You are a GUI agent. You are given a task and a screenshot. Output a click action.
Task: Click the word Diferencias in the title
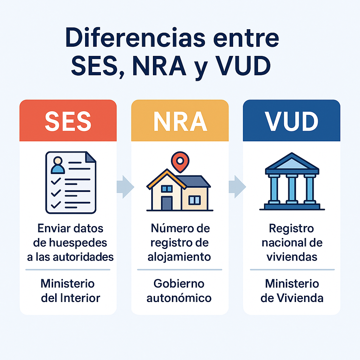[135, 37]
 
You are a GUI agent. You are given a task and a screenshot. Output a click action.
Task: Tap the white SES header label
[68, 121]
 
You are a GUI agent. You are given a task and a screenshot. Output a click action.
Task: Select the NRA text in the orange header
[180, 121]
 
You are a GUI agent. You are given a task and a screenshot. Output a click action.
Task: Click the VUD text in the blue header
[291, 121]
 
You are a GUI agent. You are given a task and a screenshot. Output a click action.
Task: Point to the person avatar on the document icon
[58, 165]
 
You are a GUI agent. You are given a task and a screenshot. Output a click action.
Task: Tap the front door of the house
[167, 203]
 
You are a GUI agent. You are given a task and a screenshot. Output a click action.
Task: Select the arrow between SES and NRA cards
[126, 187]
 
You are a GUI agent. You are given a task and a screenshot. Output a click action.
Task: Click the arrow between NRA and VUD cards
[237, 187]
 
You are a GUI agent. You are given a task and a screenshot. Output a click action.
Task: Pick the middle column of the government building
[292, 189]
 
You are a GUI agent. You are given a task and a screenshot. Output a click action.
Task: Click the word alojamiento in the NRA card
[179, 257]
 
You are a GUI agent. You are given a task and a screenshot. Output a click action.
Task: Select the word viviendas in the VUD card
[292, 257]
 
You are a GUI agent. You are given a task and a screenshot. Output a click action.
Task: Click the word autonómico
[179, 298]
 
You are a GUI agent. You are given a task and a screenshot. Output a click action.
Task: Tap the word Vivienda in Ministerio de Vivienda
[300, 298]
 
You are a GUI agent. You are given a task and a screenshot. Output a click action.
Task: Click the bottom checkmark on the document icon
[56, 205]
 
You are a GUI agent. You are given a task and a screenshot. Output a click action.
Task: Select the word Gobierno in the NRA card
[179, 284]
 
